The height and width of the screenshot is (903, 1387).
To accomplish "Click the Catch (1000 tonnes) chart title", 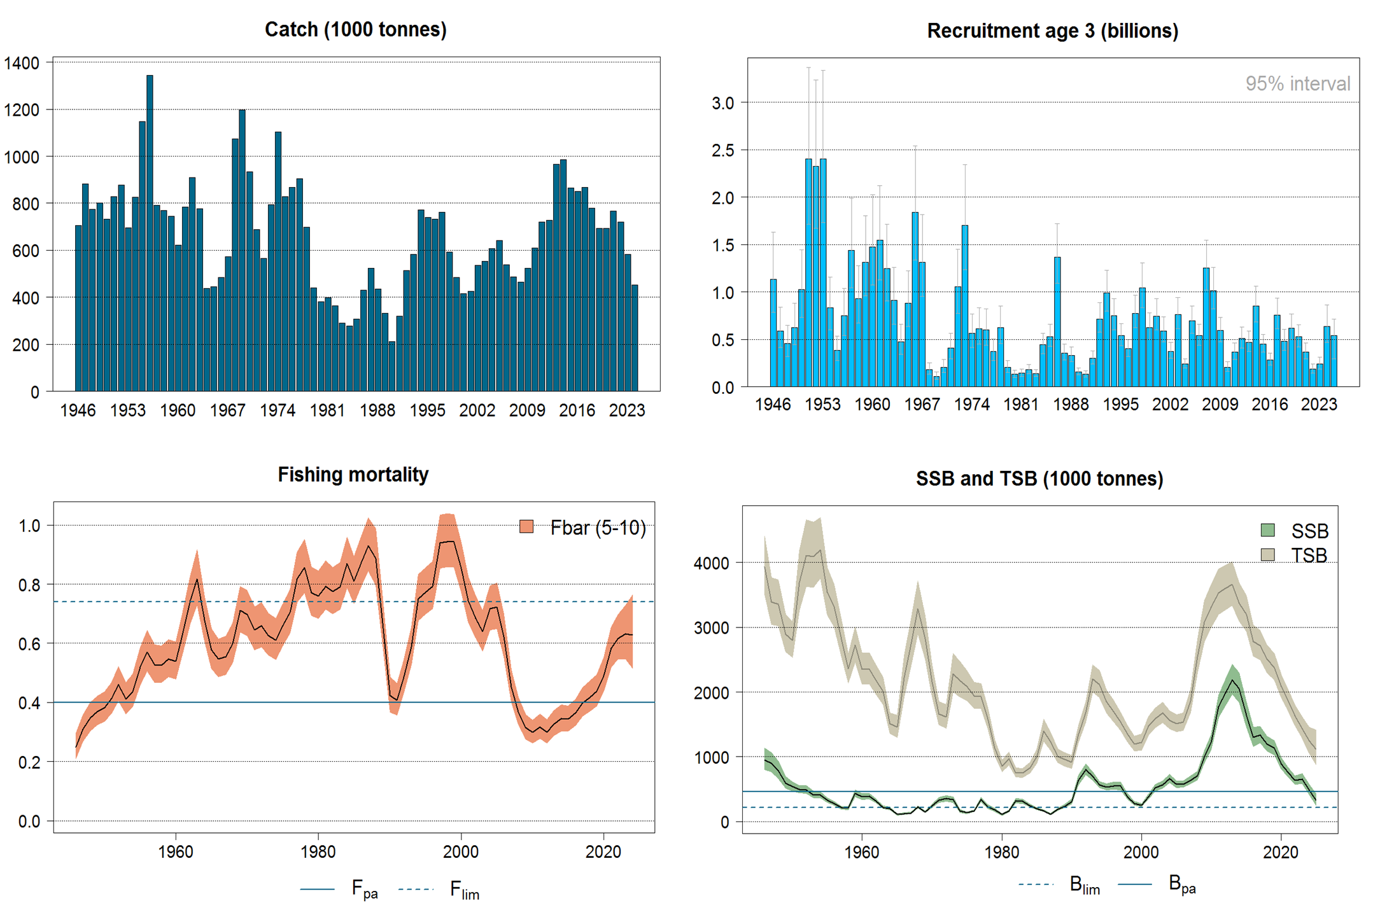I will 355,29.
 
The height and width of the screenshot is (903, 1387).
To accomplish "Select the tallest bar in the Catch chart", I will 150,232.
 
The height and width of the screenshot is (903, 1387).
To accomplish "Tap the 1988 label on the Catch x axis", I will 377,410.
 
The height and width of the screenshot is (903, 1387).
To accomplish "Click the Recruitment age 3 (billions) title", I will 1052,31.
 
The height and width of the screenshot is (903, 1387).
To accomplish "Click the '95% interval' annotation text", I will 1297,83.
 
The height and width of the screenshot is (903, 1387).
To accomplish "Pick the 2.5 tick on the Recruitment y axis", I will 722,150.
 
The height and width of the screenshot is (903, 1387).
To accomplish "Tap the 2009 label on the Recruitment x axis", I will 1220,404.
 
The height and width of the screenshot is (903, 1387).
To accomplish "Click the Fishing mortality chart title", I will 353,474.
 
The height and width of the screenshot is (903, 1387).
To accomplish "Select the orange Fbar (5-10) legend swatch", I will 526,527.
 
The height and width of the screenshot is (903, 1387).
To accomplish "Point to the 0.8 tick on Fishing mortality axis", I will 29,585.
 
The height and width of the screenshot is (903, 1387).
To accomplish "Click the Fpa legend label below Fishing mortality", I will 364,889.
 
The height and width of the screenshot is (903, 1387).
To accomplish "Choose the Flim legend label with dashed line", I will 464,889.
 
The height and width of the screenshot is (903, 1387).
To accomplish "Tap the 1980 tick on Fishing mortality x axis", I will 318,851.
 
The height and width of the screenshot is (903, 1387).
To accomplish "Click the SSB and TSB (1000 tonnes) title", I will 1039,478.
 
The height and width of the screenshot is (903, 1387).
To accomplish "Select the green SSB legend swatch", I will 1267,530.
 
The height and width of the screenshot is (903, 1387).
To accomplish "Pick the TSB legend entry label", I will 1309,555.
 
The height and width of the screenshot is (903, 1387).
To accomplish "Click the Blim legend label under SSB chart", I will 1085,885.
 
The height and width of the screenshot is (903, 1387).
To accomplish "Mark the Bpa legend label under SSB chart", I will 1182,885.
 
